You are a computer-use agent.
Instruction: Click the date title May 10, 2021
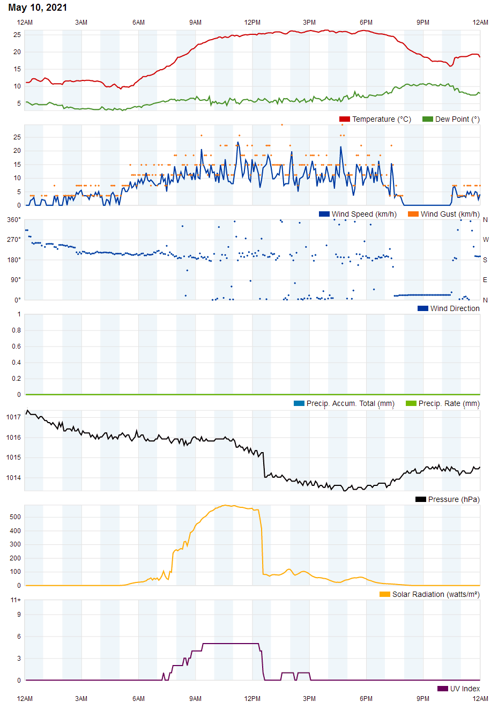[38, 8]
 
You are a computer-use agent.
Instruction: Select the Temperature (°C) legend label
[381, 119]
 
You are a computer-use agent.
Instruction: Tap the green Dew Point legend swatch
[427, 119]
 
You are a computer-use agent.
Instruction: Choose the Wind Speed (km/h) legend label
[364, 214]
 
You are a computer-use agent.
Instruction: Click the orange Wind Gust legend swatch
[413, 214]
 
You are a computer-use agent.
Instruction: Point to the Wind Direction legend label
[455, 308]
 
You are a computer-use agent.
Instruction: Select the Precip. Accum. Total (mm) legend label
[350, 403]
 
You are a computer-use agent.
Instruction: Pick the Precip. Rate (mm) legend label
[449, 403]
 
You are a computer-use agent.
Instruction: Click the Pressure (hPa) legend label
[454, 499]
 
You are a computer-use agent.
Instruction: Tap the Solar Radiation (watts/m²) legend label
[435, 594]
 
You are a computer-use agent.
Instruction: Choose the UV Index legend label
[465, 689]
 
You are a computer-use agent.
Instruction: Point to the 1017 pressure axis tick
[14, 417]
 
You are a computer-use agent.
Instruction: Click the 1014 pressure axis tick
[14, 478]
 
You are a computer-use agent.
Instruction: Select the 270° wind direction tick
[14, 240]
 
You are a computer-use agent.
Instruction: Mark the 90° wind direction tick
[16, 280]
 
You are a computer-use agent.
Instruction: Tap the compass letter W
[486, 240]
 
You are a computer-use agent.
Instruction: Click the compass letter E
[485, 280]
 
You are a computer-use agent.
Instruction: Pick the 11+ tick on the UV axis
[16, 600]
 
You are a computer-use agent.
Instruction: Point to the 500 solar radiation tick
[15, 517]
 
